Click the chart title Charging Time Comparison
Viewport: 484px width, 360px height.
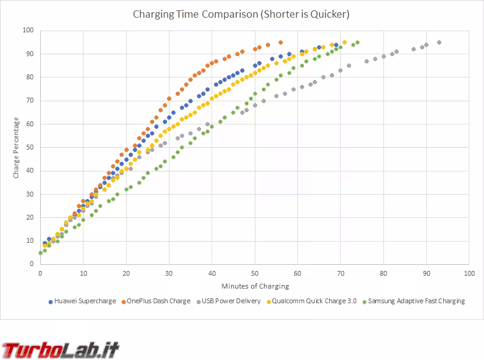click(241, 14)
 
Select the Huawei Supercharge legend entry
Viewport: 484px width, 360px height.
click(85, 301)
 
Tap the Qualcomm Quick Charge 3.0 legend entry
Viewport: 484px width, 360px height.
click(314, 301)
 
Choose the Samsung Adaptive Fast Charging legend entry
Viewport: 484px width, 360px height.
click(416, 301)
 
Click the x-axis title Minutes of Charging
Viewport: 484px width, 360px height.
click(254, 286)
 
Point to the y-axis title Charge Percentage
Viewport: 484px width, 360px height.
click(16, 148)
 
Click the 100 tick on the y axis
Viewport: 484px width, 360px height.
click(27, 31)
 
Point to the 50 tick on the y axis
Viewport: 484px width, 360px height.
click(29, 148)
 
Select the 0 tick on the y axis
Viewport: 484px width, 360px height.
click(31, 264)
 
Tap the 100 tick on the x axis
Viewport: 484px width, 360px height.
click(468, 273)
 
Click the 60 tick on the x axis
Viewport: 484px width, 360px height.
click(297, 273)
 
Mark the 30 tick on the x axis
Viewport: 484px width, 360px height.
click(168, 273)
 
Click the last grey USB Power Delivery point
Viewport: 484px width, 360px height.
click(439, 43)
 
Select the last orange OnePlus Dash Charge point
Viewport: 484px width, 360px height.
click(280, 43)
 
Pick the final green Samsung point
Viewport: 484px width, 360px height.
click(357, 43)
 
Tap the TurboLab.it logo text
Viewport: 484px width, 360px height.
click(61, 350)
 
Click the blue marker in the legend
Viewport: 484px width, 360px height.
click(51, 301)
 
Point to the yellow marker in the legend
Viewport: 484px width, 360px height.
click(268, 301)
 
